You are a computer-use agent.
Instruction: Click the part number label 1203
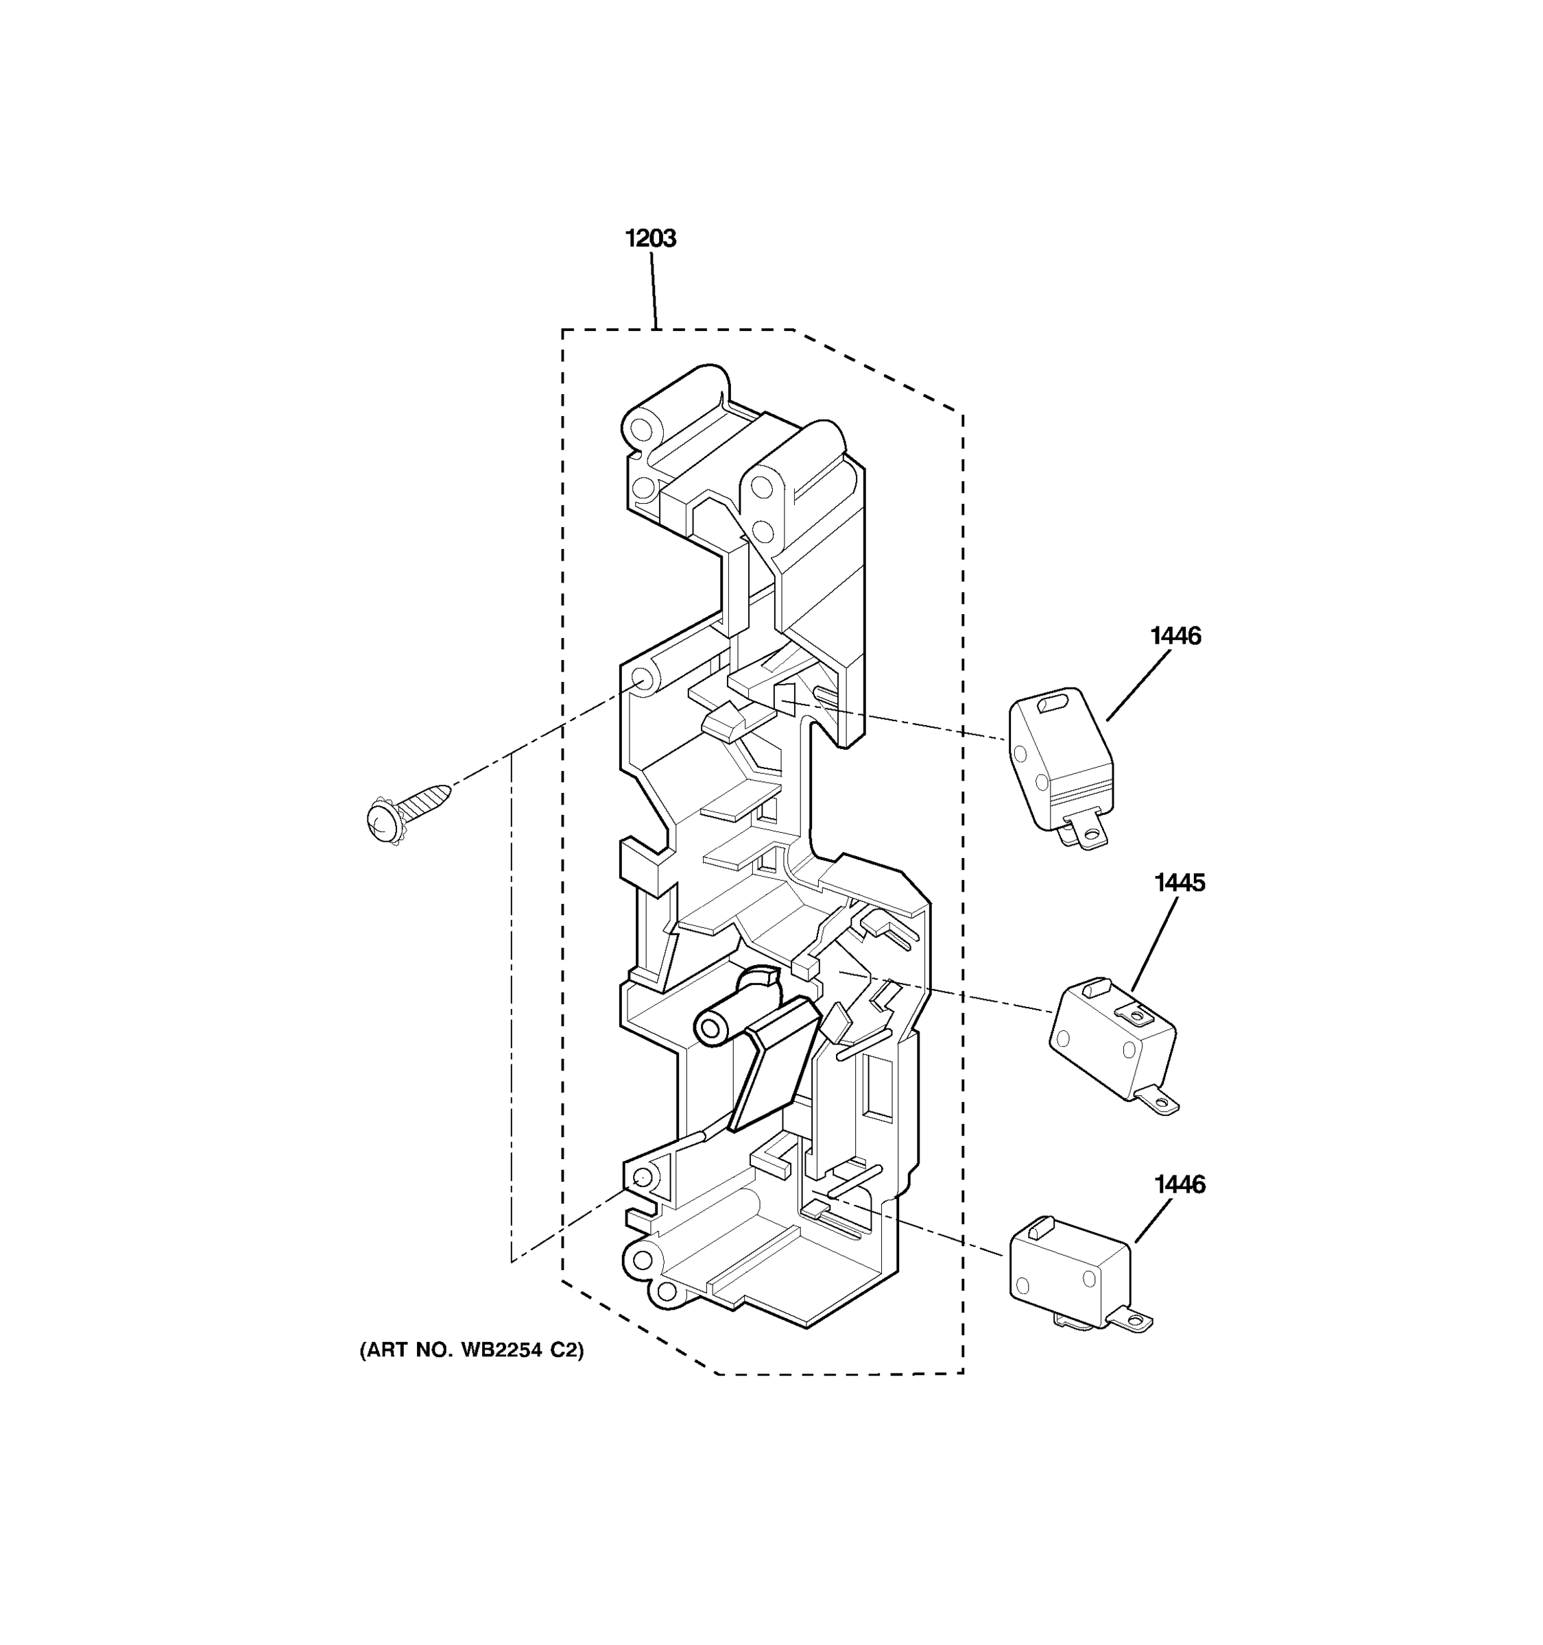[650, 239]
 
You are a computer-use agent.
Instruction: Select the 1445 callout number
[1180, 883]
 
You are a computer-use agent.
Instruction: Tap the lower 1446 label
[1180, 1185]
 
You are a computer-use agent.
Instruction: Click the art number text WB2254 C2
[471, 1350]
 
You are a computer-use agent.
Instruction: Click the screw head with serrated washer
[383, 821]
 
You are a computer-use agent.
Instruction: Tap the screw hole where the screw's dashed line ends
[641, 680]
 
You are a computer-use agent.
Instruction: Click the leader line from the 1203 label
[653, 290]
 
